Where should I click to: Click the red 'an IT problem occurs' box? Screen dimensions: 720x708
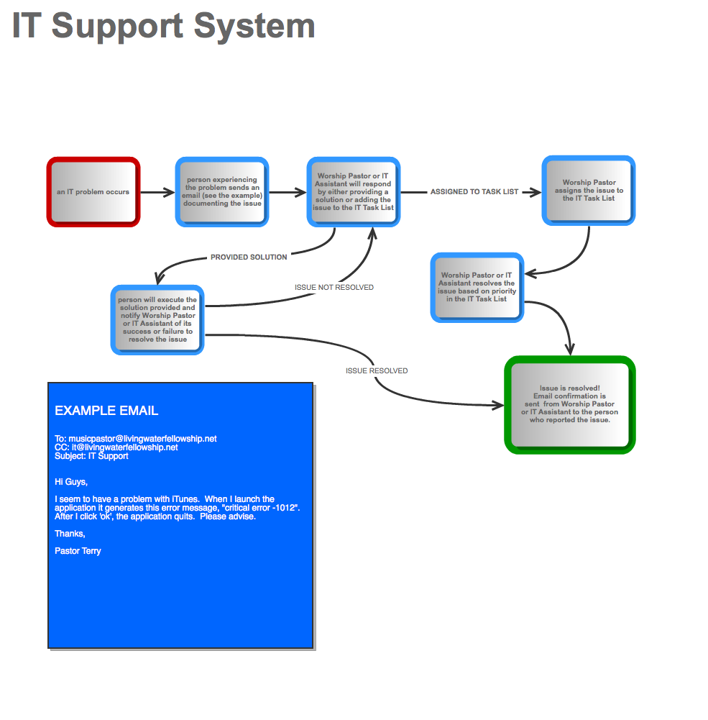93,192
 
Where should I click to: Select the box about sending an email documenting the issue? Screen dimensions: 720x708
222,192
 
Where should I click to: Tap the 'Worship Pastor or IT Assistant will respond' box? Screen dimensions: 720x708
354,192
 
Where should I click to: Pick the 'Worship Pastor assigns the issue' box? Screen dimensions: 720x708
589,191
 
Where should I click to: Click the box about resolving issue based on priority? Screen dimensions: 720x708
477,287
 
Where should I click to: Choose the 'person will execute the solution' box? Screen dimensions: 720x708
157,319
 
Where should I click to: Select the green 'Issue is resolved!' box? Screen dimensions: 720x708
570,404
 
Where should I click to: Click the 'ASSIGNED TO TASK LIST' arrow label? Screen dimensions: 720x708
474,192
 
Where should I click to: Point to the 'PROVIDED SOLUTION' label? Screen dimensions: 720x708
249,258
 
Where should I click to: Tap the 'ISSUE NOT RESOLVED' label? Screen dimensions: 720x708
334,288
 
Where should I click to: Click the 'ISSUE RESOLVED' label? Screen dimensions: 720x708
377,371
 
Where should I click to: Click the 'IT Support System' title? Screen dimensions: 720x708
164,26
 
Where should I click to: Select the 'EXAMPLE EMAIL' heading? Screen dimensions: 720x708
106,411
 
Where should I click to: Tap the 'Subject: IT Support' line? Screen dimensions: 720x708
91,456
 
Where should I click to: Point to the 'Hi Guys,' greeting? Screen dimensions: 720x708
71,482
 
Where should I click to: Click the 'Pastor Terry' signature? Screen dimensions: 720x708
78,551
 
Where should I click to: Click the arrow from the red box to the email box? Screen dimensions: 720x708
157,192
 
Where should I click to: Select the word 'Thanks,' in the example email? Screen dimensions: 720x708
70,534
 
